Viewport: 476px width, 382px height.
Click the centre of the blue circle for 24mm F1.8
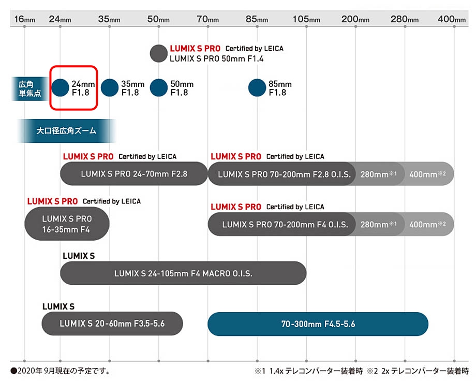[60, 87]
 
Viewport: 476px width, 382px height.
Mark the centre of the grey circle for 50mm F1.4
[158, 53]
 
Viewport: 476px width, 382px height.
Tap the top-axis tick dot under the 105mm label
[306, 27]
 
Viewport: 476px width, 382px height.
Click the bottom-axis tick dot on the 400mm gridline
[454, 361]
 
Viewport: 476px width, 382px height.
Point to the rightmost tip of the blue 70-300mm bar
[428, 324]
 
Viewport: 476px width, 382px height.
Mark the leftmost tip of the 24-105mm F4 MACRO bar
[60, 273]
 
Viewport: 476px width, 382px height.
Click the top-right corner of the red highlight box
[97, 66]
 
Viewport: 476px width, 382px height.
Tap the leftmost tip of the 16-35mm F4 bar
[25, 224]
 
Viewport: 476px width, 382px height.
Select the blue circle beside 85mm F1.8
[257, 87]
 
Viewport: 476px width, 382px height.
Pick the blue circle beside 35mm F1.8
[109, 87]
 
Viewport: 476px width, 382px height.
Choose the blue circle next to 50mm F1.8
[158, 87]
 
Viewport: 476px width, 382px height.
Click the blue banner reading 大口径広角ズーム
[66, 131]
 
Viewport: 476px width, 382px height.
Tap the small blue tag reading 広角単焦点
[30, 89]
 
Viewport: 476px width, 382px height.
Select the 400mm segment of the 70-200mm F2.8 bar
[427, 174]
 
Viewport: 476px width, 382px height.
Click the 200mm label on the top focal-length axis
[355, 19]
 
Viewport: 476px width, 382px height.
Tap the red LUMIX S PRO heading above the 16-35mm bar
[52, 201]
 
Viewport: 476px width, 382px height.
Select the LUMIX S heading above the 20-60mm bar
[58, 306]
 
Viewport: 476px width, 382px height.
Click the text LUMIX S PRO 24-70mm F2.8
[134, 174]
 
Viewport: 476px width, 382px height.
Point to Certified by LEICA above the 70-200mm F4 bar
[295, 207]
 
